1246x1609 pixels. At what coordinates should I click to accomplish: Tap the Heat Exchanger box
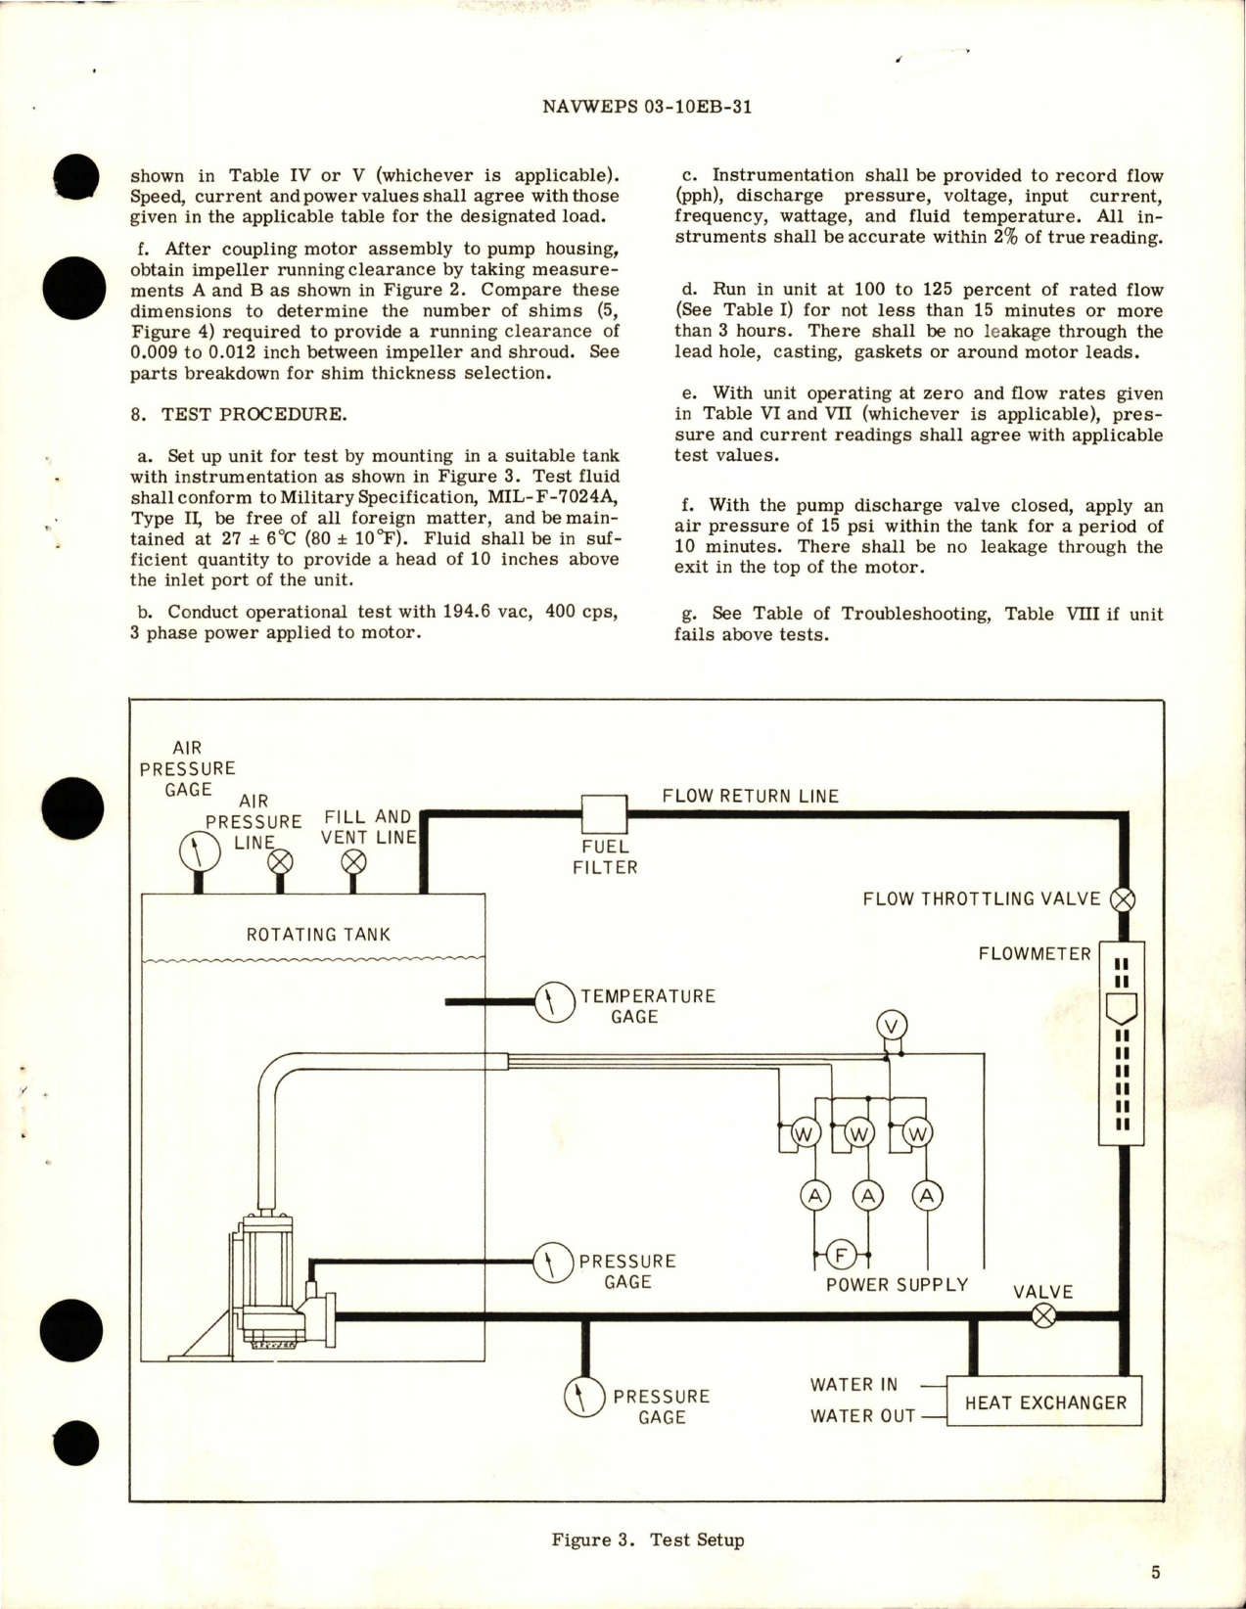[1045, 1402]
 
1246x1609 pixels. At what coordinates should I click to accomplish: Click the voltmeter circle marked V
[891, 1026]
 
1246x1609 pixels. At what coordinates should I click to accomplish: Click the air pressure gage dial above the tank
[200, 850]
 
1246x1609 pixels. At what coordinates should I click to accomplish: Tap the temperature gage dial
[554, 1001]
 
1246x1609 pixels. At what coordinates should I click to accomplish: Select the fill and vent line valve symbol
[354, 861]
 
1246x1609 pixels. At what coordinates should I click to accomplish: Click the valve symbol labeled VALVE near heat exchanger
[1044, 1315]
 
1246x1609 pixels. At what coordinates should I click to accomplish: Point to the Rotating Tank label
[318, 935]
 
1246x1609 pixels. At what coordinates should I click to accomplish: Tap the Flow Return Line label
[751, 796]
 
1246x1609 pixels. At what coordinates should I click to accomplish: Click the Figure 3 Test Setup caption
[647, 1540]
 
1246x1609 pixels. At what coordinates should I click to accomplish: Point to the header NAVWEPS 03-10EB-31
[646, 108]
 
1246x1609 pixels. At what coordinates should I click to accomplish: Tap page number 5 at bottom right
[1155, 1573]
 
